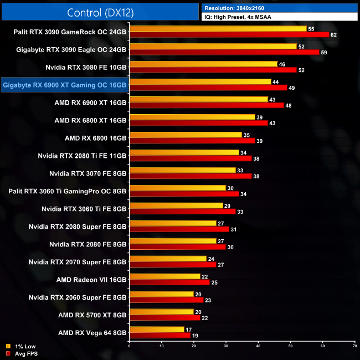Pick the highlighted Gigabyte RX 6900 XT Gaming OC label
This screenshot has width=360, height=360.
pyautogui.click(x=65, y=85)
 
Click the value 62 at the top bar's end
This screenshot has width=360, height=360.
pyautogui.click(x=333, y=35)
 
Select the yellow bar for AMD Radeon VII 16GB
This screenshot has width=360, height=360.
pyautogui.click(x=164, y=276)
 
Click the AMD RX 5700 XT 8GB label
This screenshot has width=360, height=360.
pyautogui.click(x=92, y=315)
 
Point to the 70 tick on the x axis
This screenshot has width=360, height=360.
pyautogui.click(x=354, y=345)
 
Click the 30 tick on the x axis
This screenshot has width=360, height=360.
pyautogui.click(x=226, y=345)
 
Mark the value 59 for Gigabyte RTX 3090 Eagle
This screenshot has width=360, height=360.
pyautogui.click(x=323, y=53)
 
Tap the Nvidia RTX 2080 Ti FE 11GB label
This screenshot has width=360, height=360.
pyautogui.click(x=83, y=156)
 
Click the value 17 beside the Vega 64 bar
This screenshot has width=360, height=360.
pyautogui.click(x=188, y=330)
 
